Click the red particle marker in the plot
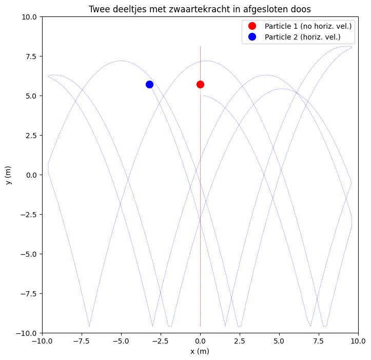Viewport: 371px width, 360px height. pyautogui.click(x=200, y=84)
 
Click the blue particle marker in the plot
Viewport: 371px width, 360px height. pyautogui.click(x=149, y=84)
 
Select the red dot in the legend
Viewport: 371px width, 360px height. pyautogui.click(x=252, y=26)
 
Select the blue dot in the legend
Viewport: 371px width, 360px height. pyautogui.click(x=252, y=37)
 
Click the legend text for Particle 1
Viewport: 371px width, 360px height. pyautogui.click(x=308, y=26)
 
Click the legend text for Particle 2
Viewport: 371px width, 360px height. pyautogui.click(x=302, y=37)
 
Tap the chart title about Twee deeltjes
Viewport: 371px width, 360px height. pyautogui.click(x=200, y=9)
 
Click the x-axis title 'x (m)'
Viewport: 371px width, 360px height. pyautogui.click(x=200, y=351)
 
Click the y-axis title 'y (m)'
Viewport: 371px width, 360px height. pyautogui.click(x=9, y=175)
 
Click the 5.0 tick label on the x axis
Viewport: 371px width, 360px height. pyautogui.click(x=279, y=340)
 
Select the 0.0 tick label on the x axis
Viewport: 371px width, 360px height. pyautogui.click(x=200, y=340)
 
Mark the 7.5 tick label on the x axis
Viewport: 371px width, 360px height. pyautogui.click(x=319, y=340)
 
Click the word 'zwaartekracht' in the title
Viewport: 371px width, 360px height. pyautogui.click(x=192, y=9)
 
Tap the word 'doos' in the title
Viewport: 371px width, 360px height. pyautogui.click(x=301, y=9)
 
